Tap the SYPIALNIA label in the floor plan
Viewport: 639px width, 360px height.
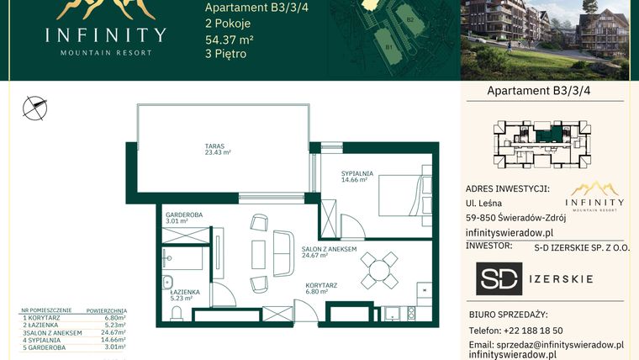click(x=356, y=174)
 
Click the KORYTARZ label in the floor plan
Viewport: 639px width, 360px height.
click(x=321, y=286)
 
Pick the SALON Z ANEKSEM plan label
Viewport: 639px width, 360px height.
click(x=330, y=250)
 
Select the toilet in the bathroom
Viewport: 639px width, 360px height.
click(x=177, y=313)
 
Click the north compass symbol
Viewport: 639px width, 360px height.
click(x=34, y=106)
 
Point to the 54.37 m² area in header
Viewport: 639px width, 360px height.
click(x=230, y=40)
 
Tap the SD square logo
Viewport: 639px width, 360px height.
click(x=499, y=279)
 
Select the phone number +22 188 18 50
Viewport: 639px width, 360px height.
click(x=527, y=331)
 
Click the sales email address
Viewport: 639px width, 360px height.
click(x=546, y=345)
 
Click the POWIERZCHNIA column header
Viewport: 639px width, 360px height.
click(x=107, y=310)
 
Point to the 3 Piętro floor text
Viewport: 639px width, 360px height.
click(x=226, y=55)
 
